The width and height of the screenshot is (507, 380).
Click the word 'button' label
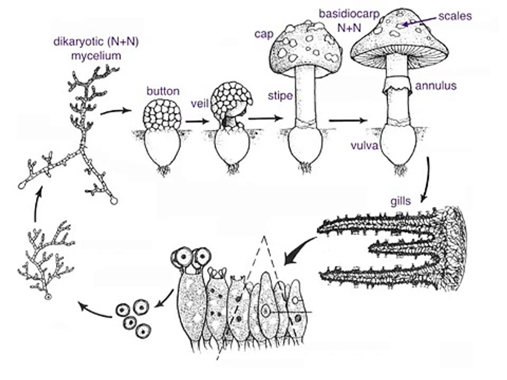163,91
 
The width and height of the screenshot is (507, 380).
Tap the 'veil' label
200,104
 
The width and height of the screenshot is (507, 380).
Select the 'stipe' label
280,96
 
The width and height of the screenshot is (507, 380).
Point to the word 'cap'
264,34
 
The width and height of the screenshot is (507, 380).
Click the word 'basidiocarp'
349,14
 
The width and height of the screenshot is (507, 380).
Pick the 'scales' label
455,16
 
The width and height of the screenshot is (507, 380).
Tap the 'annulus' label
436,85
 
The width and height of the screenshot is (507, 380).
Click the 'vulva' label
364,146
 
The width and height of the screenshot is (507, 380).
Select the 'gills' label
401,201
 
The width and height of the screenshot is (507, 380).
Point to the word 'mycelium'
96,55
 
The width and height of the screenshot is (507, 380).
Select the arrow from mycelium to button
116,111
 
